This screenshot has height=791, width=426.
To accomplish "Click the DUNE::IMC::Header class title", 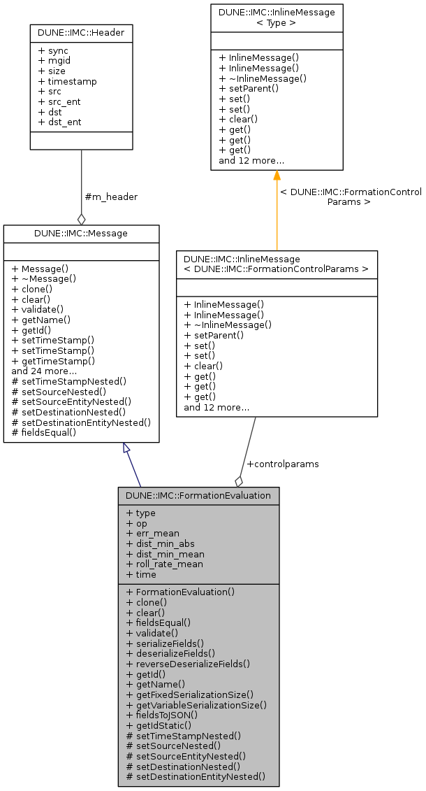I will coord(81,32).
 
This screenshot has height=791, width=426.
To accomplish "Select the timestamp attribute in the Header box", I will coord(68,81).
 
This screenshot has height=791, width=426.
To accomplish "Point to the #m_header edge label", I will coord(110,197).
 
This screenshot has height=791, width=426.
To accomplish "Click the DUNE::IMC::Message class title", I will coord(81,233).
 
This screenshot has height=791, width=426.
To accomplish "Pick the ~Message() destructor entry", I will coord(45,278).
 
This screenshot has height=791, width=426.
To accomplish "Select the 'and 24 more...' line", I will coord(44,371).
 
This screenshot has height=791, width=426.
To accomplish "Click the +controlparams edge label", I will coord(283,464).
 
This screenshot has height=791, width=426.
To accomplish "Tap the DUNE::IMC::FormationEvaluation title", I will coord(198,496).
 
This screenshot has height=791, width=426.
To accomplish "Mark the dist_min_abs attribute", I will coord(160,543).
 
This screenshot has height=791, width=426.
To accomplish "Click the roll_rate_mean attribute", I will coord(164,564).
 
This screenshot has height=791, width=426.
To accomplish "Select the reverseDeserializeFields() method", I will coord(188,664).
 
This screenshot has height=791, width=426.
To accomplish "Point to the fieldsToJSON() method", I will coord(162,715).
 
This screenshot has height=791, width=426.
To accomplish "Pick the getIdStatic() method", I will coord(159,725).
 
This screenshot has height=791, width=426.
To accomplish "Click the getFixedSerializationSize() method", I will coord(189,694).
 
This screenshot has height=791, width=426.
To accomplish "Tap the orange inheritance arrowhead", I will coord(277,175).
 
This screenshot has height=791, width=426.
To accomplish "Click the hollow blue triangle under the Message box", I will coord(126,448).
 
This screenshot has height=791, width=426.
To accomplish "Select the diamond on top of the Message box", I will coord(81,220).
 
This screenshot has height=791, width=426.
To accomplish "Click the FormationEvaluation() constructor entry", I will coord(180,592).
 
